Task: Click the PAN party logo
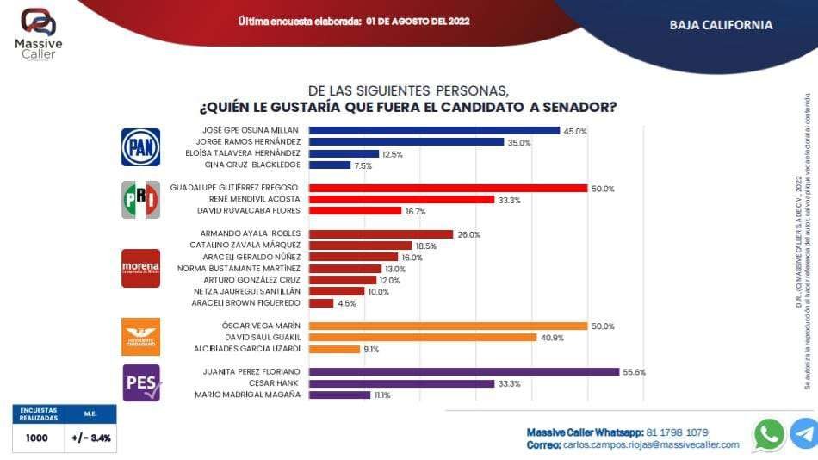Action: click(x=139, y=146)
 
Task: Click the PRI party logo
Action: click(x=139, y=200)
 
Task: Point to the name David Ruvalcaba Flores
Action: click(x=249, y=210)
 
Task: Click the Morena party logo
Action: click(x=139, y=268)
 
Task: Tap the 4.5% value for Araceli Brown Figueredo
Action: click(x=346, y=303)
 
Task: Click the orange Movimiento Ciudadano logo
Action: click(x=139, y=337)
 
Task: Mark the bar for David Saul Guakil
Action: click(x=422, y=338)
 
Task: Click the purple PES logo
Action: click(x=139, y=382)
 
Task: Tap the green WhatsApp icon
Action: click(x=768, y=433)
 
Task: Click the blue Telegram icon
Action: click(x=805, y=433)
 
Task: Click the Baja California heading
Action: click(x=721, y=25)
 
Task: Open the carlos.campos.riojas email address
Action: click(x=650, y=444)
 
